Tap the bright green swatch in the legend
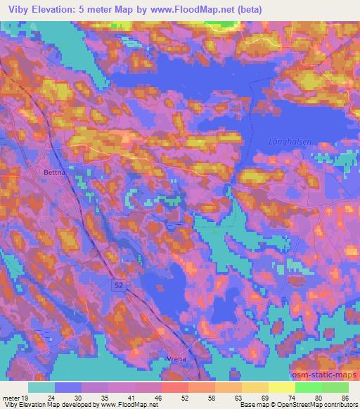[x=309, y=387]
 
